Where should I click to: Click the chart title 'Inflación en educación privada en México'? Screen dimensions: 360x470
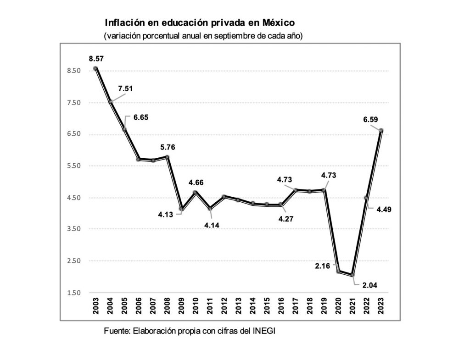coord(200,22)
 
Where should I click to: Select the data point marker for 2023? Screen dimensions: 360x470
coord(381,130)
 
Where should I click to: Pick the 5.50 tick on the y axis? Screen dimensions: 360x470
coord(74,166)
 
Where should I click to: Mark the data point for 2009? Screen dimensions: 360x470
coord(182,209)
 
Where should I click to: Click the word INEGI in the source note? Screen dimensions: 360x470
coord(264,331)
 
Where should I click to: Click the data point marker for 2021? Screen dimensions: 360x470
coord(352,275)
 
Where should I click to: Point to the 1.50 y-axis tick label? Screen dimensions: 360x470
coord(74,293)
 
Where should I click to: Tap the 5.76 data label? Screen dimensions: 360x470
coord(168,147)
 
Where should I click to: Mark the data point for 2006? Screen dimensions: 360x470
coord(138,159)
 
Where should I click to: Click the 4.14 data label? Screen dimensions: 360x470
coord(212,225)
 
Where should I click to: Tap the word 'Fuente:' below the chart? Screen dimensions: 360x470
coord(117,331)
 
